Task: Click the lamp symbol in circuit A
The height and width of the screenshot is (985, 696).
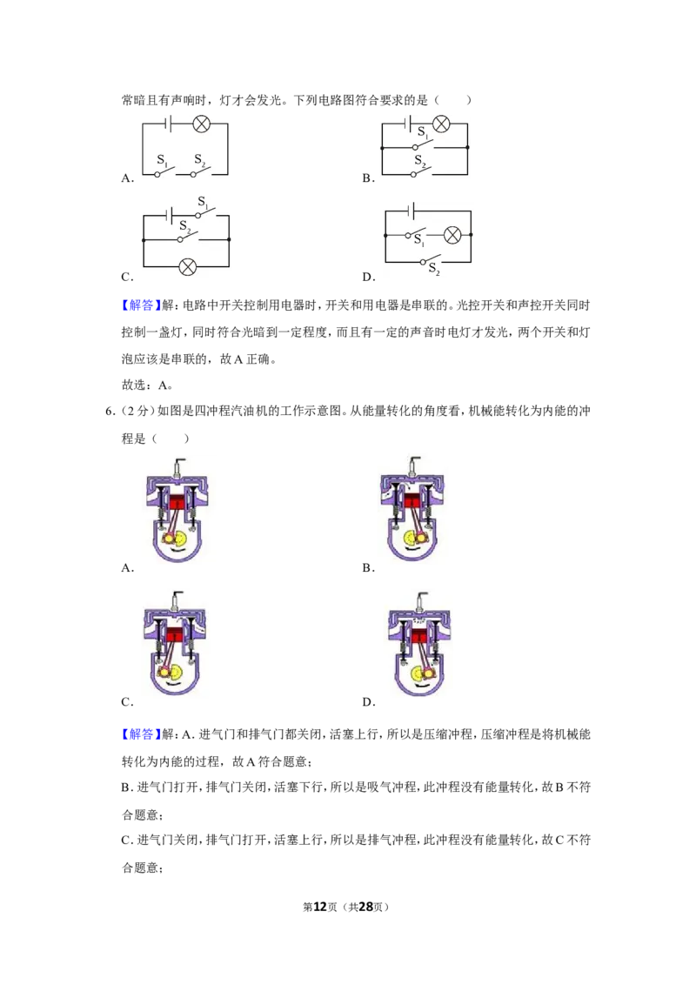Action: pyautogui.click(x=201, y=124)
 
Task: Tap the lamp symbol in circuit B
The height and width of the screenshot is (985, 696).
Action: pyautogui.click(x=441, y=124)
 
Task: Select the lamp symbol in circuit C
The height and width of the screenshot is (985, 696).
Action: pyautogui.click(x=187, y=267)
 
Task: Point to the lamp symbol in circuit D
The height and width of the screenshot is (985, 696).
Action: pyautogui.click(x=452, y=235)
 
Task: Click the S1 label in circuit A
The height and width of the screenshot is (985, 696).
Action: pyautogui.click(x=162, y=161)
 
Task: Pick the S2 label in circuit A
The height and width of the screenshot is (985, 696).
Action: pyautogui.click(x=200, y=160)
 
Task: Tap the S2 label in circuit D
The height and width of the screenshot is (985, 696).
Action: pyautogui.click(x=434, y=269)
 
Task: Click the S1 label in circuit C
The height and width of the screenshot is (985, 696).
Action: pyautogui.click(x=204, y=202)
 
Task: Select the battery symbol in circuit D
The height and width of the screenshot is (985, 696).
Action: pyautogui.click(x=411, y=211)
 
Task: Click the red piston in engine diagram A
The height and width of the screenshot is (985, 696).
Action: pyautogui.click(x=177, y=503)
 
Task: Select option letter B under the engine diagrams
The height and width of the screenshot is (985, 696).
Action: pyautogui.click(x=369, y=568)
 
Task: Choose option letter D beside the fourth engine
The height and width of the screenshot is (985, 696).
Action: pyautogui.click(x=369, y=701)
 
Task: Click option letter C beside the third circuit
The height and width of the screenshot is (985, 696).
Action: pyautogui.click(x=127, y=277)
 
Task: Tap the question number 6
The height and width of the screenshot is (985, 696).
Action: pyautogui.click(x=110, y=412)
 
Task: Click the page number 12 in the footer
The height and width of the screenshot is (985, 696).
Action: pyautogui.click(x=320, y=907)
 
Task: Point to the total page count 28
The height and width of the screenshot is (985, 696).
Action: pyautogui.click(x=365, y=907)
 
